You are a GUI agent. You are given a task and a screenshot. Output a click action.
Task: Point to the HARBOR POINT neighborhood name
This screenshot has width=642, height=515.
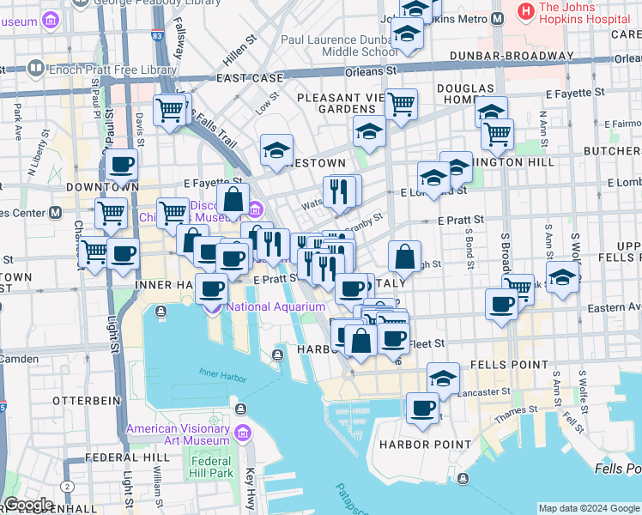click(426, 445)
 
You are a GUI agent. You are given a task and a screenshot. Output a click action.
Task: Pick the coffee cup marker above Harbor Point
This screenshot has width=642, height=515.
click(421, 409)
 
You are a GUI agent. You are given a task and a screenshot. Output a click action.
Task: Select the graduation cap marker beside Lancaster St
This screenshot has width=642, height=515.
click(443, 378)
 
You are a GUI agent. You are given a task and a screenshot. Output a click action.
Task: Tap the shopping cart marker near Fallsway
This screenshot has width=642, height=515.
click(170, 109)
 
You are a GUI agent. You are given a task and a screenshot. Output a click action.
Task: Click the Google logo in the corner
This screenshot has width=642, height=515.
click(28, 505)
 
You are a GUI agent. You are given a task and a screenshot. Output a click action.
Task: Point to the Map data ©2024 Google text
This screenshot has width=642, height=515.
click(588, 508)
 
